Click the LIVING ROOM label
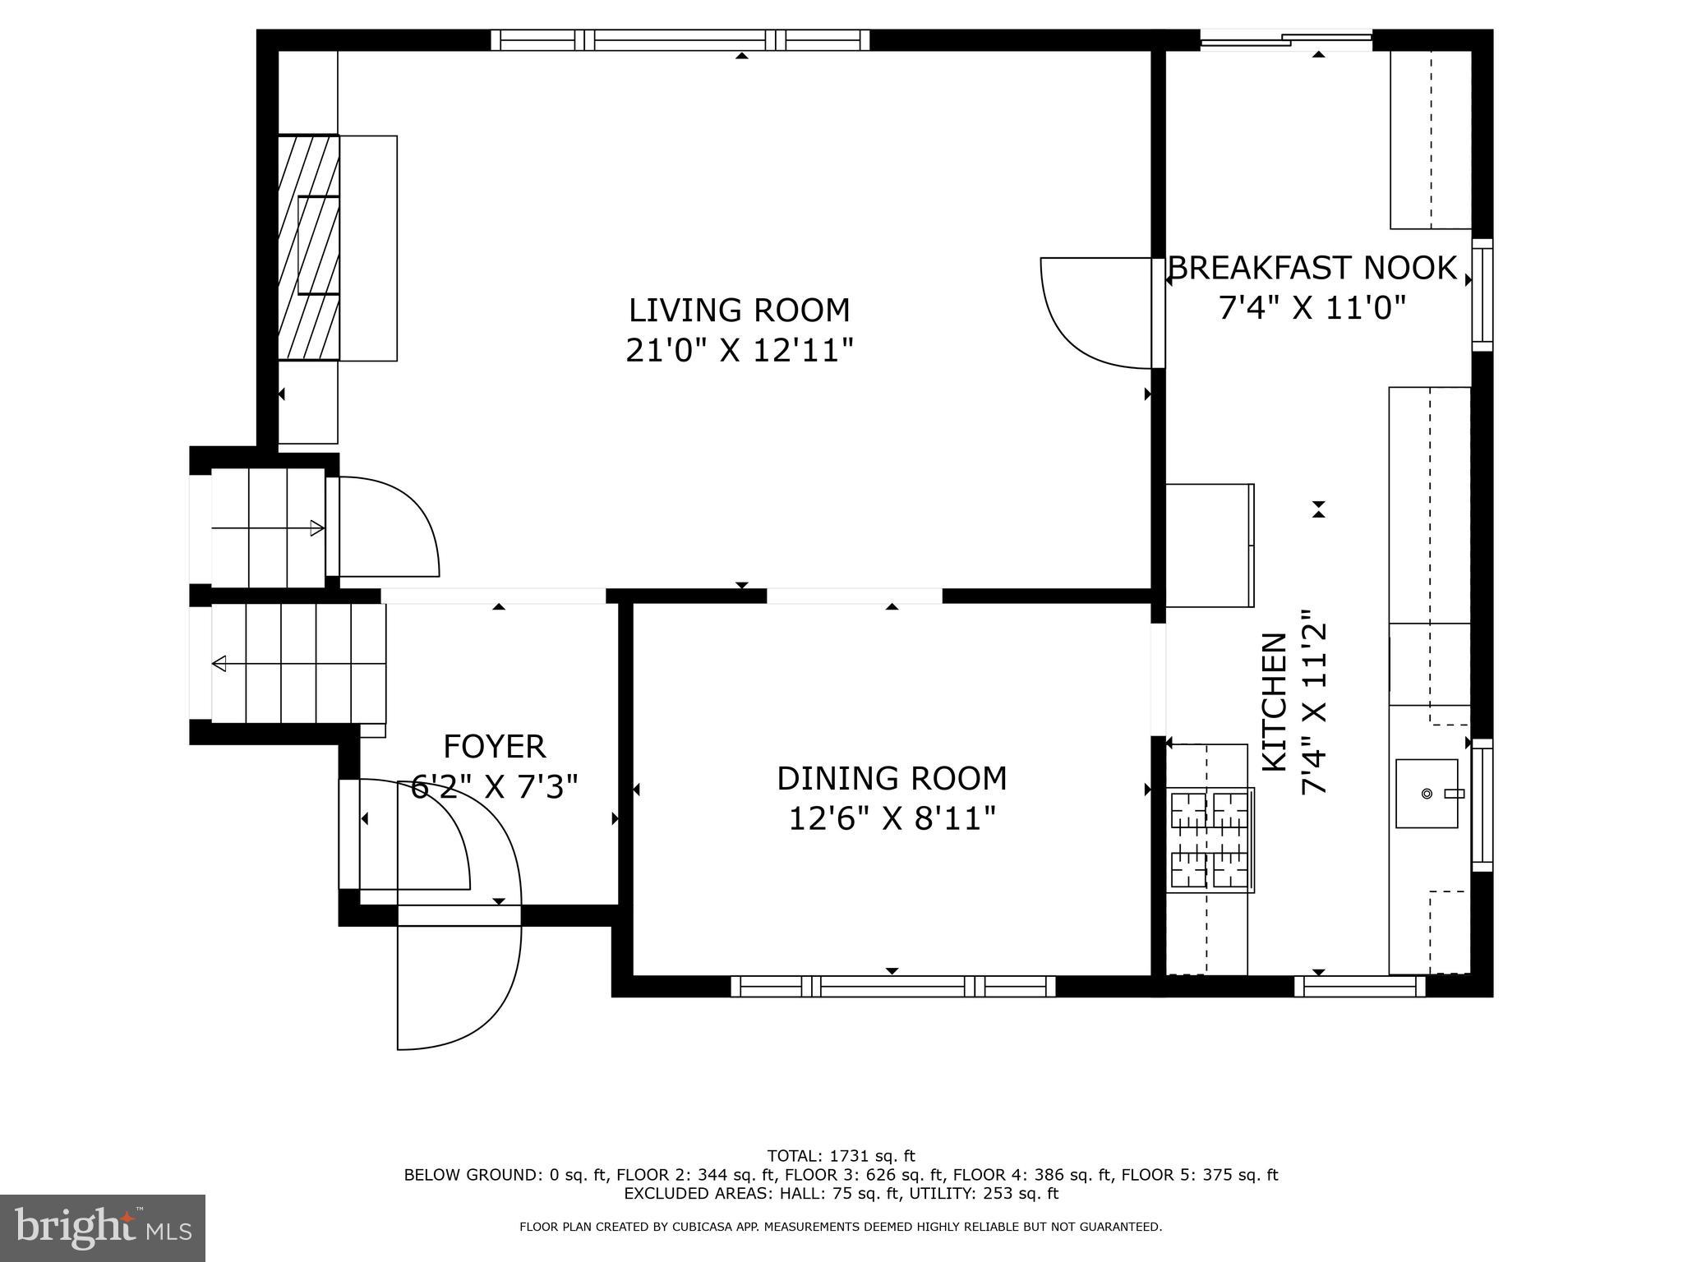tap(739, 311)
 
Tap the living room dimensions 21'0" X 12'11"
tap(739, 352)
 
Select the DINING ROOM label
tap(892, 779)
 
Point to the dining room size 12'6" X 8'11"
tap(892, 819)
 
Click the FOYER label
tap(494, 747)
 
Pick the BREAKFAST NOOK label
tap(1312, 269)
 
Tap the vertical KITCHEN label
tap(1274, 702)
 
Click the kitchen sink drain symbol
tap(1427, 794)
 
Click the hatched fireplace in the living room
tap(308, 246)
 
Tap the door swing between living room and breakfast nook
tap(1093, 312)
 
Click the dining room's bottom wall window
tap(892, 986)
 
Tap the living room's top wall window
tap(680, 39)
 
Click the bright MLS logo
tap(103, 1227)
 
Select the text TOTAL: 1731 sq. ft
tap(841, 1156)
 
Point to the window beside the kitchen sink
tap(1482, 805)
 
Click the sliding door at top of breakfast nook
tap(1286, 39)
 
